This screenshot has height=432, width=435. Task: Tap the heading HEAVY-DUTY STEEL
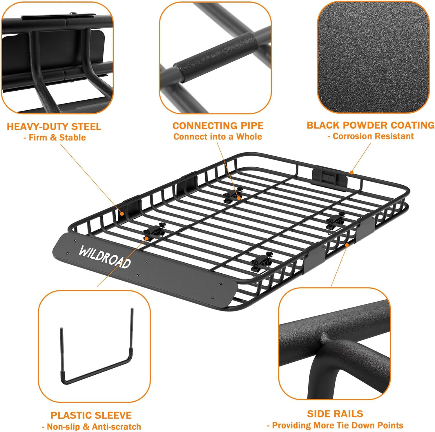pyautogui.click(x=54, y=127)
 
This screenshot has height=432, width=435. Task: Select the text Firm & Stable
pyautogui.click(x=57, y=137)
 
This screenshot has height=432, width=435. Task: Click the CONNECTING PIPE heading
pyautogui.click(x=218, y=126)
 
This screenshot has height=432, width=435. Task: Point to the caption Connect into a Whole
pyautogui.click(x=218, y=137)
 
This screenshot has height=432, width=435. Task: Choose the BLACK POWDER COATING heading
pyautogui.click(x=371, y=125)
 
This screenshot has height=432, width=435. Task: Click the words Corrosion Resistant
pyautogui.click(x=373, y=136)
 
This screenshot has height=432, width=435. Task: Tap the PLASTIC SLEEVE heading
pyautogui.click(x=91, y=415)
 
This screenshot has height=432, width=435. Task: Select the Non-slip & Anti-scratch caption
pyautogui.click(x=94, y=426)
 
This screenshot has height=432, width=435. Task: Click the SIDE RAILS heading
pyautogui.click(x=335, y=414)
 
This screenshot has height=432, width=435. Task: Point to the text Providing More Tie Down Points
pyautogui.click(x=338, y=425)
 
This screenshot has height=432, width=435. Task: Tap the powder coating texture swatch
pyautogui.click(x=373, y=57)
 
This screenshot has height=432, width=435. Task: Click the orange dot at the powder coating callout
pyautogui.click(x=351, y=173)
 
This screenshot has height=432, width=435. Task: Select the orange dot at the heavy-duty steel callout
pyautogui.click(x=122, y=214)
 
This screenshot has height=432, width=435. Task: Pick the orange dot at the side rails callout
pyautogui.click(x=347, y=245)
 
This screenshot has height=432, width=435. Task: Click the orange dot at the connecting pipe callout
pyautogui.click(x=238, y=198)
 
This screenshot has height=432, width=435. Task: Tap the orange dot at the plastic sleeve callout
pyautogui.click(x=147, y=238)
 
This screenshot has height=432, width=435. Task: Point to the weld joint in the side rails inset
pyautogui.click(x=326, y=338)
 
